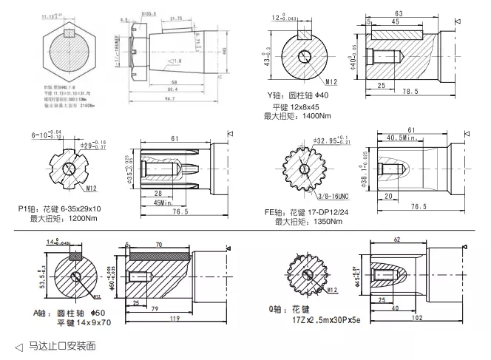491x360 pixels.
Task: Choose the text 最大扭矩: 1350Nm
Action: coord(305,221)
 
